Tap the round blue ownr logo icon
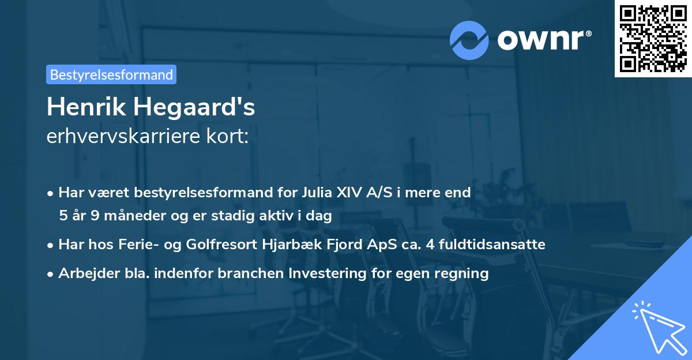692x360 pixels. [469, 40]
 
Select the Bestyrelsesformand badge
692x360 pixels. [111, 74]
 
